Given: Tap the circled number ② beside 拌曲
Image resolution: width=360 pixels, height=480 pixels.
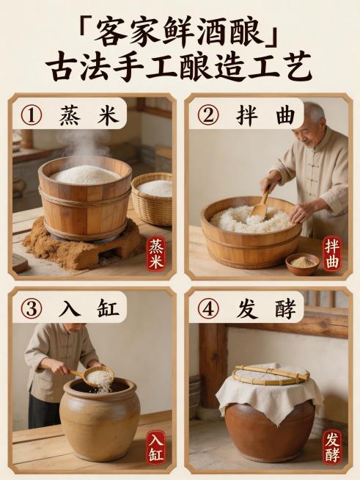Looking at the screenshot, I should point(208,115).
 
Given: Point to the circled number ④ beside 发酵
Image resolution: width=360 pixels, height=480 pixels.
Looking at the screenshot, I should point(208,308).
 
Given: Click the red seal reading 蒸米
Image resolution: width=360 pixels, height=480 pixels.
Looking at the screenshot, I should point(156,253).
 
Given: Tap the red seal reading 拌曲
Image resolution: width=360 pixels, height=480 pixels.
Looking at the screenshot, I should point(332,253).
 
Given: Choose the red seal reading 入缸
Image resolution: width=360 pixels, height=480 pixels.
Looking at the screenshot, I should point(156,446).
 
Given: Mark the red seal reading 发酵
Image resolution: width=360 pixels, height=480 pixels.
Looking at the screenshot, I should point(332,446).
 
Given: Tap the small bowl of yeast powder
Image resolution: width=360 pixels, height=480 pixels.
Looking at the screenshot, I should point(302,263).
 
